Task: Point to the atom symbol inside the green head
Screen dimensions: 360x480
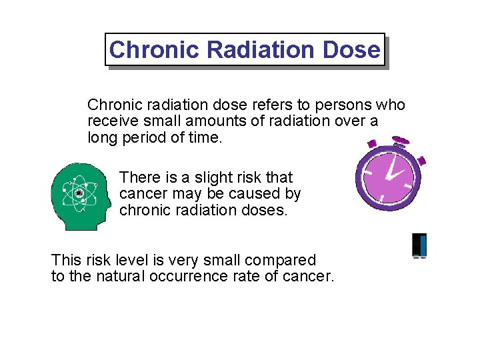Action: tap(79, 193)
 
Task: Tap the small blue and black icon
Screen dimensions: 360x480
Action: tap(419, 245)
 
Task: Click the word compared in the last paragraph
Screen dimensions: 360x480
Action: tap(283, 259)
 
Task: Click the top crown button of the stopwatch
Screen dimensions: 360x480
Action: tap(401, 141)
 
